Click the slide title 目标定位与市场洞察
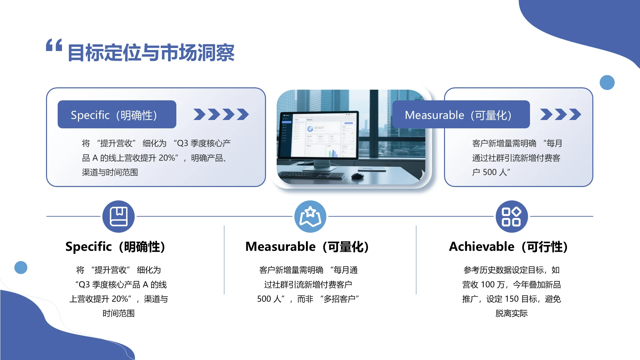pos(151,53)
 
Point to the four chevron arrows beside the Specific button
pos(221,114)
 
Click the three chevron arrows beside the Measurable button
pos(560,114)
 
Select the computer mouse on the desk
pos(357,176)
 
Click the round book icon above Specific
pos(118,216)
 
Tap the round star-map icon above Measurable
pos(310,216)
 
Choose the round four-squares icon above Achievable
pos(511,216)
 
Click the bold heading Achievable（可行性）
pos(508,247)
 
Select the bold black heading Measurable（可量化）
pos(307,247)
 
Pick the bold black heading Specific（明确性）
pos(115,247)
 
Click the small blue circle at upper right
pos(607,82)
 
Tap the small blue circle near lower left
pos(21,267)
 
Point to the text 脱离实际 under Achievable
pos(511,313)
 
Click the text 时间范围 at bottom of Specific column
pos(118,313)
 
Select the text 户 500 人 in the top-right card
pos(491,172)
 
